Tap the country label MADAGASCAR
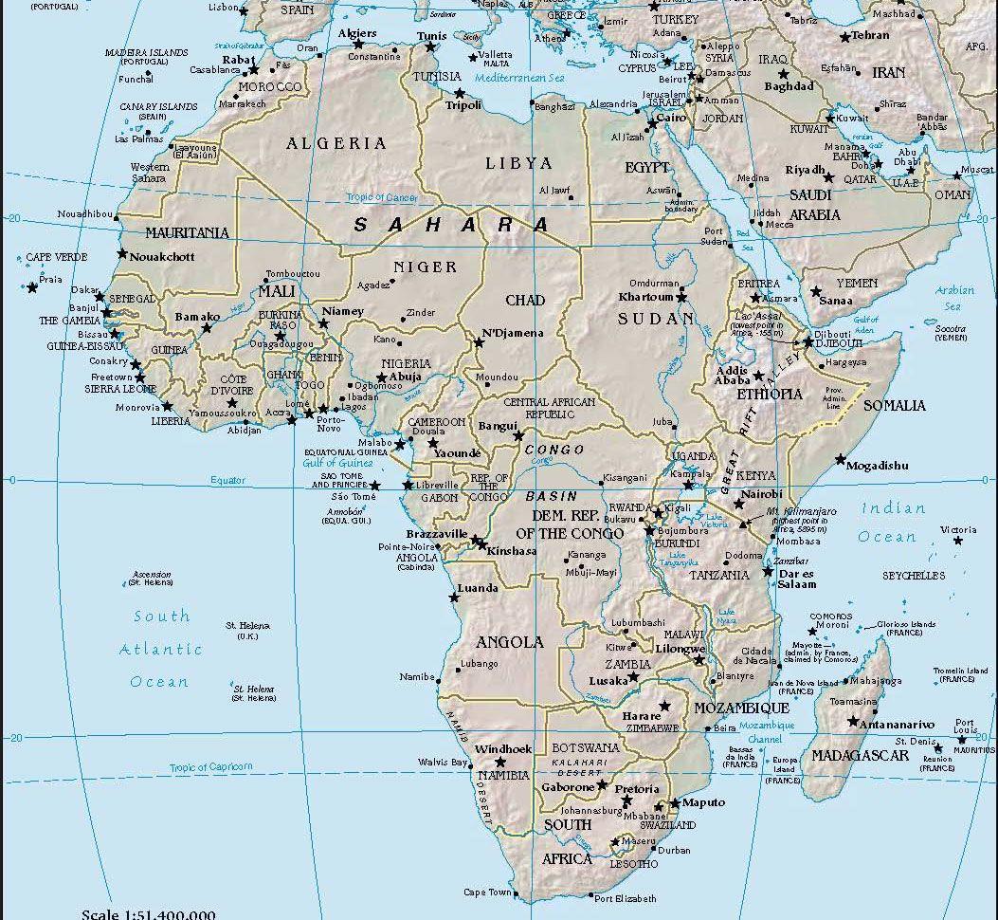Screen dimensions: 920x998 click(860, 756)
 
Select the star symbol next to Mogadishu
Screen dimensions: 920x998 click(840, 459)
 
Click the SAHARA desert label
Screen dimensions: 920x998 click(451, 226)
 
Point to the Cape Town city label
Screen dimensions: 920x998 click(487, 892)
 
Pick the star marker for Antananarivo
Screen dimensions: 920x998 click(854, 723)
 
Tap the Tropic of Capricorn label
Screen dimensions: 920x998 click(211, 767)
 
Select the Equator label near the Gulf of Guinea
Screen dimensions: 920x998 click(227, 481)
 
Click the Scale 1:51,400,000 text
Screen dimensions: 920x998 click(148, 914)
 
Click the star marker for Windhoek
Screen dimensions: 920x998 click(499, 762)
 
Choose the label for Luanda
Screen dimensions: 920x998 click(478, 588)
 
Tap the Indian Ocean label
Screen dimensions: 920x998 click(892, 523)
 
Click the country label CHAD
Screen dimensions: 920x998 click(524, 301)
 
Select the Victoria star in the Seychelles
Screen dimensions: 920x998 click(957, 540)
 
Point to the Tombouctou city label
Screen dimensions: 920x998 click(293, 273)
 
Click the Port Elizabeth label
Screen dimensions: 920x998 click(624, 898)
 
